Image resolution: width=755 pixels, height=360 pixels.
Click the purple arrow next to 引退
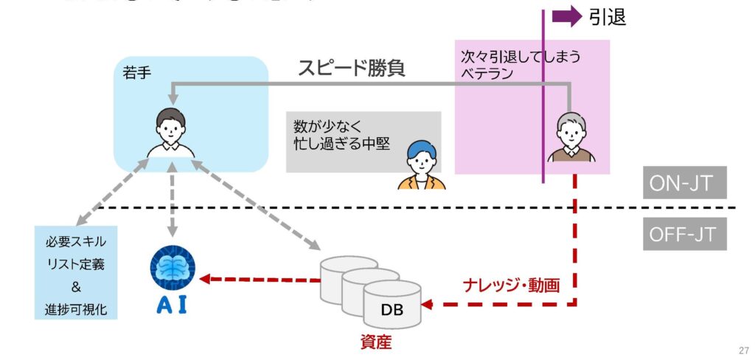566,16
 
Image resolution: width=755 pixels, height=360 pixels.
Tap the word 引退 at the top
608,17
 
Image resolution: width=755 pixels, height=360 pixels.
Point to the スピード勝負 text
352,69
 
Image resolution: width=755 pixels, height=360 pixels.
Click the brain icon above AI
173,266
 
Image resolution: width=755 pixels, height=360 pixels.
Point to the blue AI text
173,305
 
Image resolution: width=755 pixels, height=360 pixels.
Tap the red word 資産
376,342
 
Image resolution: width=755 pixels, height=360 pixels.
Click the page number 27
743,350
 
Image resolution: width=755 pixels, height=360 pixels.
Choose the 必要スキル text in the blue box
76,242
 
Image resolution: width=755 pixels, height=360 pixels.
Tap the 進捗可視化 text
76,309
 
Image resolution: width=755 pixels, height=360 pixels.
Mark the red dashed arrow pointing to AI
258,279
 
